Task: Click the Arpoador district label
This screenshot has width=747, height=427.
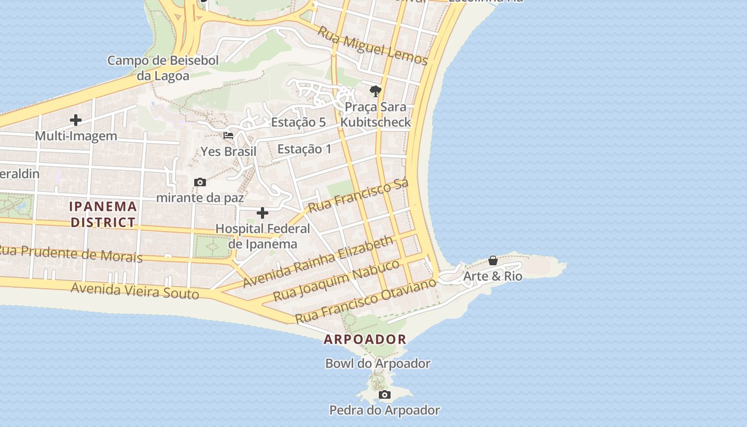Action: pyautogui.click(x=365, y=339)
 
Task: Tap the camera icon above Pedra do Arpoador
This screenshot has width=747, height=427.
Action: pyautogui.click(x=384, y=395)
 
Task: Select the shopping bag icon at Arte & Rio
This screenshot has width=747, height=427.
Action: pyautogui.click(x=493, y=261)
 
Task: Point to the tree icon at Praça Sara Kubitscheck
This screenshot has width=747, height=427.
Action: pyautogui.click(x=376, y=91)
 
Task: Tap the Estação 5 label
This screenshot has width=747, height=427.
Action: pyautogui.click(x=298, y=122)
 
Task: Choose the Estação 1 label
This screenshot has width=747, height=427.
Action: pyautogui.click(x=305, y=149)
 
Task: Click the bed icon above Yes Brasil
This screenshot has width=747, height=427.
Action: pyautogui.click(x=228, y=136)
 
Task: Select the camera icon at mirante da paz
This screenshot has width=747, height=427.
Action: pyautogui.click(x=200, y=183)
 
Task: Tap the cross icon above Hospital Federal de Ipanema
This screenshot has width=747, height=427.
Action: pyautogui.click(x=263, y=213)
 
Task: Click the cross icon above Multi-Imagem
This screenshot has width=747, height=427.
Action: pyautogui.click(x=76, y=120)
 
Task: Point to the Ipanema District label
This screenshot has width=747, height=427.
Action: pyautogui.click(x=104, y=214)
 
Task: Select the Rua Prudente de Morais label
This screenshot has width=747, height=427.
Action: pyautogui.click(x=71, y=254)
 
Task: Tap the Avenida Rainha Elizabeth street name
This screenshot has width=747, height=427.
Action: pyautogui.click(x=318, y=262)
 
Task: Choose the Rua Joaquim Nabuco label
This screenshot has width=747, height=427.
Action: pyautogui.click(x=336, y=280)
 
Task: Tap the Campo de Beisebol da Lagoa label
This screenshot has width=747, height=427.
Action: pyautogui.click(x=163, y=68)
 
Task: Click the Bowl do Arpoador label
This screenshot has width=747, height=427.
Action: pyautogui.click(x=378, y=363)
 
